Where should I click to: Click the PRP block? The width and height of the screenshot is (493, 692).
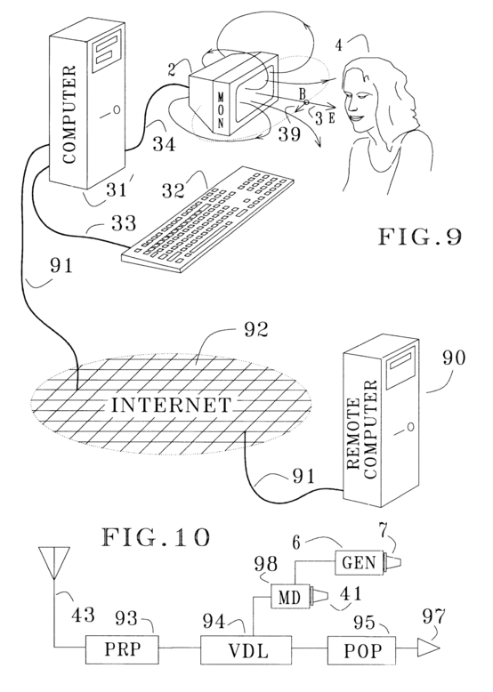122,649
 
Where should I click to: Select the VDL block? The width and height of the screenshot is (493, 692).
246,649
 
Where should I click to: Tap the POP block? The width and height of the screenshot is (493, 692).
361,649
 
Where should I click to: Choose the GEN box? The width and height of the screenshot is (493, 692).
359,563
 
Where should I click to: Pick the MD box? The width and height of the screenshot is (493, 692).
290,597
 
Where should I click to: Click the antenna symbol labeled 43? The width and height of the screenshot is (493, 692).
54,563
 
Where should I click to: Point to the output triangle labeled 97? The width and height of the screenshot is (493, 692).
428,648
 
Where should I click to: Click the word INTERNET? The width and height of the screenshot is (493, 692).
171,405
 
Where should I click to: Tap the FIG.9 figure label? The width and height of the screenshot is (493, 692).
420,237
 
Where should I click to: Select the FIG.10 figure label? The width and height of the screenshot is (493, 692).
156,538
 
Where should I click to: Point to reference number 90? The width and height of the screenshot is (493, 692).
453,358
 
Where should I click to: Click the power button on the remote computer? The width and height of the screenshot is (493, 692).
410,427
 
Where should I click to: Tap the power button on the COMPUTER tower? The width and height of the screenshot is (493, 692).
117,110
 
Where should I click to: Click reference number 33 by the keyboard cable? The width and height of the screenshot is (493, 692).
123,224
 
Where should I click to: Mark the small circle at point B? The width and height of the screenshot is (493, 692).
306,102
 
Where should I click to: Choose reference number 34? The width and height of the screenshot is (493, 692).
165,144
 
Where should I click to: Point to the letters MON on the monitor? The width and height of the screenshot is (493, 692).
222,109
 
